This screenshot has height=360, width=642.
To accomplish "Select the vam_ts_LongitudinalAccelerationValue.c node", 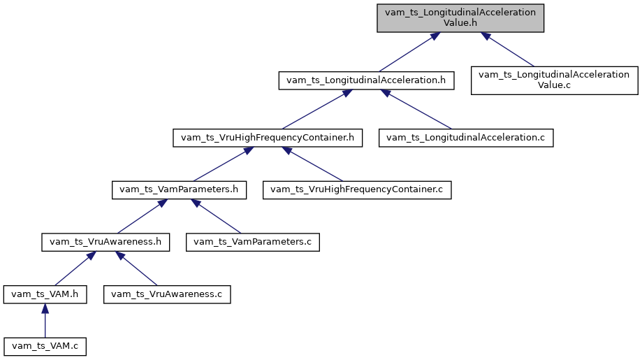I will tap(555, 80).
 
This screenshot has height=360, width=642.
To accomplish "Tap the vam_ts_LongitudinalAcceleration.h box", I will tap(366, 80).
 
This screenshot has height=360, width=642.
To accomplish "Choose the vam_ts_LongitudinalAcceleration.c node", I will tap(466, 138).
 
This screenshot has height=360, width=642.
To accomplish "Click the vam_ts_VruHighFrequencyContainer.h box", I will tap(268, 138).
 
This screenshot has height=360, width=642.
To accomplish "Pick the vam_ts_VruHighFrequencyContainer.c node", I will tap(357, 189).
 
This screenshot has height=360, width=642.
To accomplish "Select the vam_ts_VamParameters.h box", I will tap(180, 189).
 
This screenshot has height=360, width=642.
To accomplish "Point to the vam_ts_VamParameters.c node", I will tap(253, 242).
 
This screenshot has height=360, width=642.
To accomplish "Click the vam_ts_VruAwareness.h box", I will tap(106, 242).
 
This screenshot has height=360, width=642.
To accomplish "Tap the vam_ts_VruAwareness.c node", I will tap(167, 294).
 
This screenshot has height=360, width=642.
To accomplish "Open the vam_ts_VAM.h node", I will tap(45, 294).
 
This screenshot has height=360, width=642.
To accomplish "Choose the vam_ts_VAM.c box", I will tap(45, 346).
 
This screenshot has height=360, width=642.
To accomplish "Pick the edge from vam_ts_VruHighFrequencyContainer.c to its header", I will tap(314, 164).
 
